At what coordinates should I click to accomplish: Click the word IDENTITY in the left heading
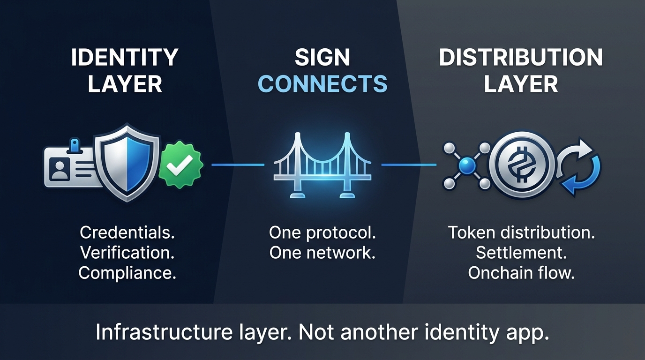coord(125,58)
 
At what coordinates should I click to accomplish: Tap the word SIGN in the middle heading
coord(322,58)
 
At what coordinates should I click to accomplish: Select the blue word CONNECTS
coord(322,84)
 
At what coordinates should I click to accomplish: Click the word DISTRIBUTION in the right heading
coord(521,58)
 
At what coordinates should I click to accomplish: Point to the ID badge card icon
coord(70,166)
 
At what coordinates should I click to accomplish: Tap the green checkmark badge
coord(180,164)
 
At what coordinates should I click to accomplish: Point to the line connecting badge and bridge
coord(238,165)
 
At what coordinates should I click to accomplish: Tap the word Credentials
coord(127,232)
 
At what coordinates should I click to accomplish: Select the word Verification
coord(127,253)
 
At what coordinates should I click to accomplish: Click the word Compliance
coord(127,273)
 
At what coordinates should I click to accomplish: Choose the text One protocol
coord(322,232)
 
